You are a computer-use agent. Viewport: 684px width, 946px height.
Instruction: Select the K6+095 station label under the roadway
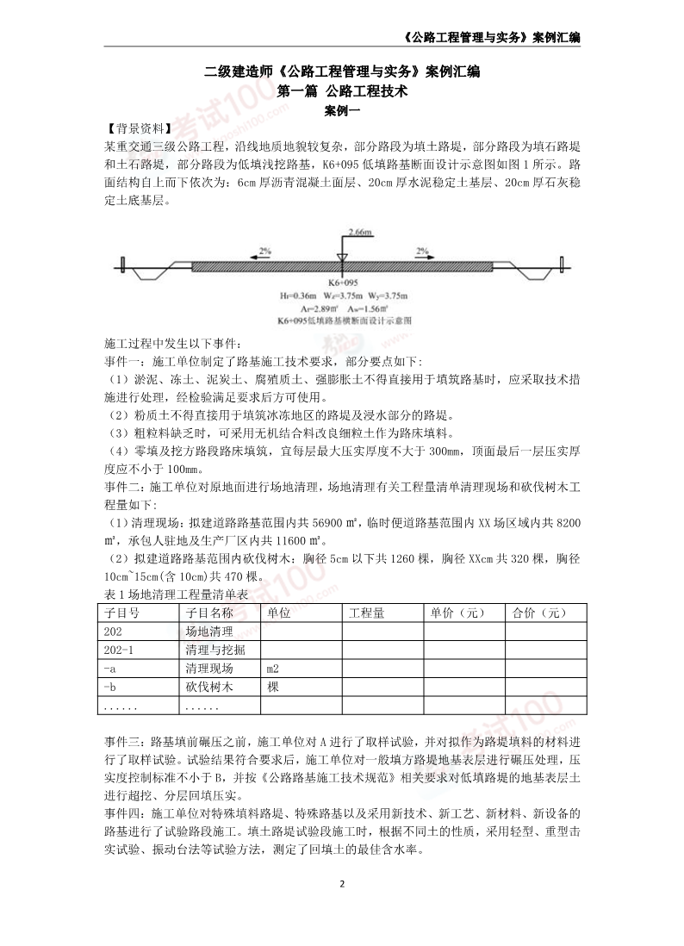(x=342, y=281)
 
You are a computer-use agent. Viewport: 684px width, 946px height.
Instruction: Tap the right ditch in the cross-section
(x=533, y=271)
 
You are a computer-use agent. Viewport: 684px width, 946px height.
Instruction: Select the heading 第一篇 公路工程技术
(x=341, y=90)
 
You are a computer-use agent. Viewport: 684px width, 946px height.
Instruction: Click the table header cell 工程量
(x=367, y=613)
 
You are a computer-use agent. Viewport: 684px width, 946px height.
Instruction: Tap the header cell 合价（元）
(x=539, y=613)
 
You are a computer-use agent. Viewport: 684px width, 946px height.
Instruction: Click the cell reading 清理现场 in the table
(x=208, y=668)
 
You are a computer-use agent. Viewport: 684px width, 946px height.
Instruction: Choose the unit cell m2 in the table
(x=273, y=668)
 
